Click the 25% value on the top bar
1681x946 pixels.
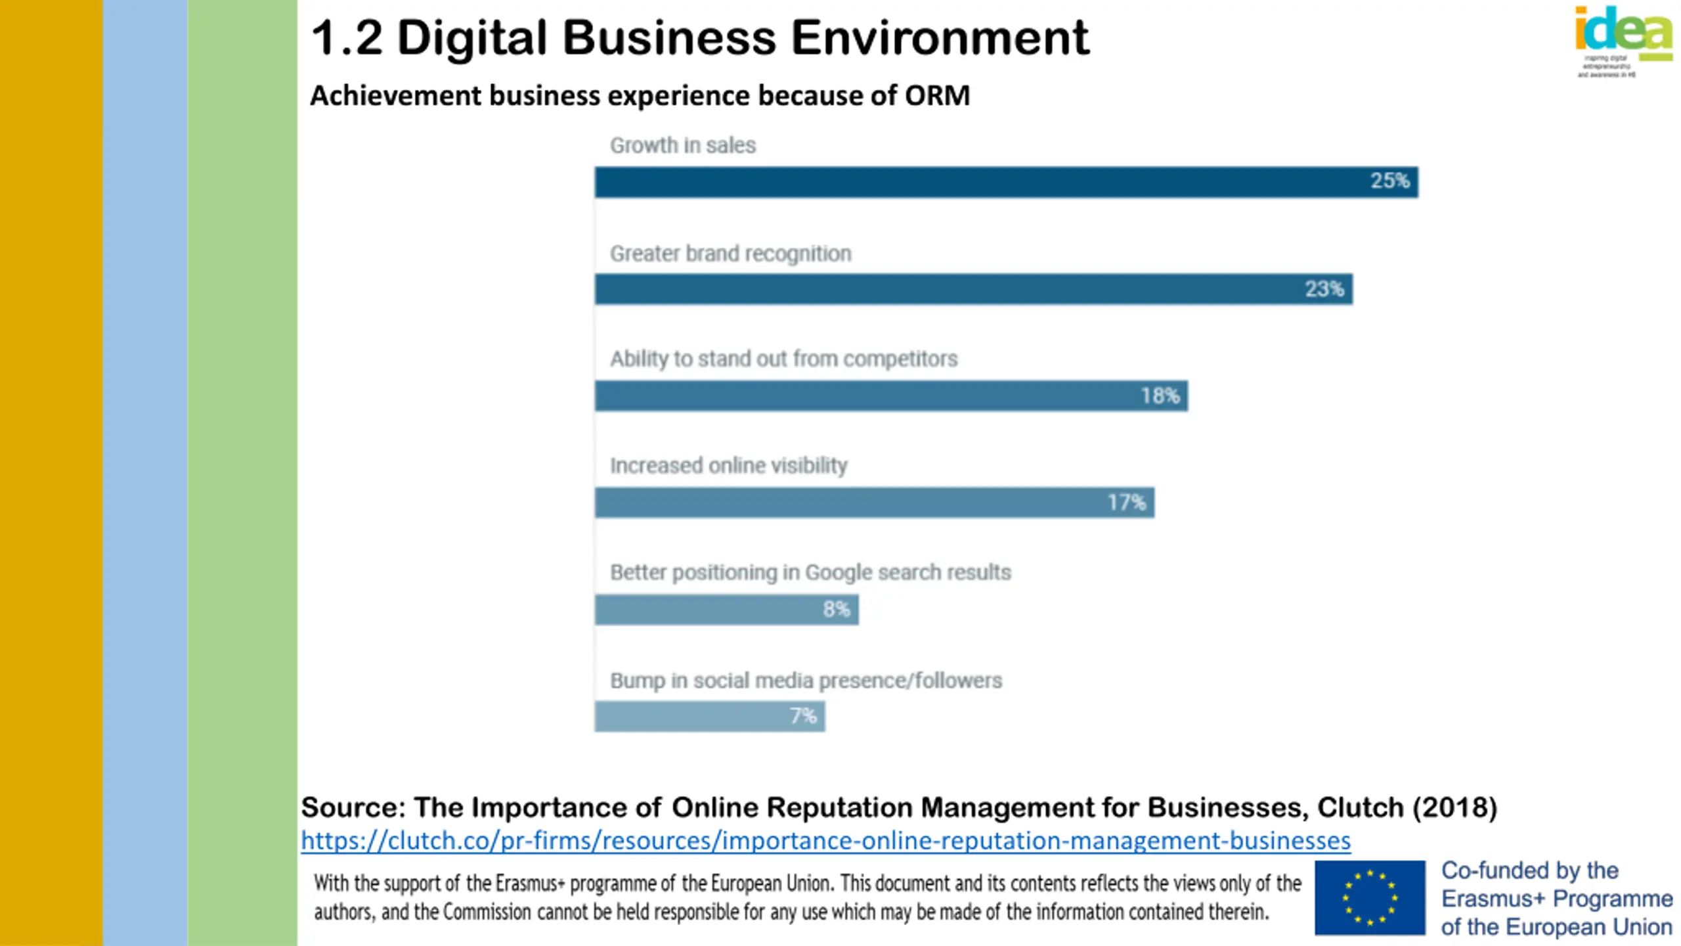[x=1389, y=181]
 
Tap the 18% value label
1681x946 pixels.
[x=1160, y=395]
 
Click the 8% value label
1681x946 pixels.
[x=836, y=609]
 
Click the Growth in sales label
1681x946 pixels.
[x=682, y=145]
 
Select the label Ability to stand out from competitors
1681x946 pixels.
[x=783, y=359]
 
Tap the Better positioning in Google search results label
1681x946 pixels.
[x=810, y=572]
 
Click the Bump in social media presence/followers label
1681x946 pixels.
[x=806, y=680]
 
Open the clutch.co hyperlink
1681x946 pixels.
[x=825, y=840]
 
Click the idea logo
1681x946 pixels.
[x=1623, y=33]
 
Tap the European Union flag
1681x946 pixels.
[x=1370, y=897]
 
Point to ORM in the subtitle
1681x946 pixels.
[x=937, y=96]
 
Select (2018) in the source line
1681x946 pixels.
[x=1454, y=807]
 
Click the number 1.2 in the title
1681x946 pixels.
[x=346, y=37]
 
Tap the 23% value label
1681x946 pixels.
[x=1324, y=289]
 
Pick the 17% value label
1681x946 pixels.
[x=1126, y=503]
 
